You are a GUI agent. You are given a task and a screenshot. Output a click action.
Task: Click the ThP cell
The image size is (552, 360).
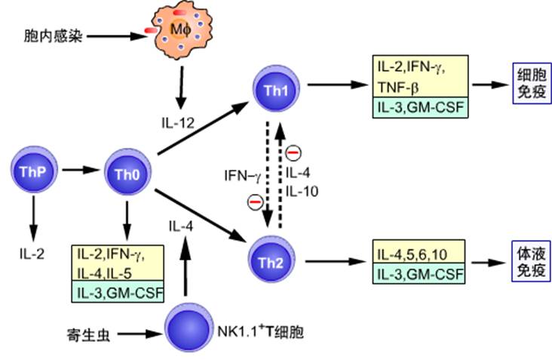point(32,171)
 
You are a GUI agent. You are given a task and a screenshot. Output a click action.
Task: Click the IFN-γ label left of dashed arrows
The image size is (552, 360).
point(243,176)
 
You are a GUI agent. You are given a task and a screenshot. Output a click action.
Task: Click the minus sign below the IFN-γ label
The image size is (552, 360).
point(256,201)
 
